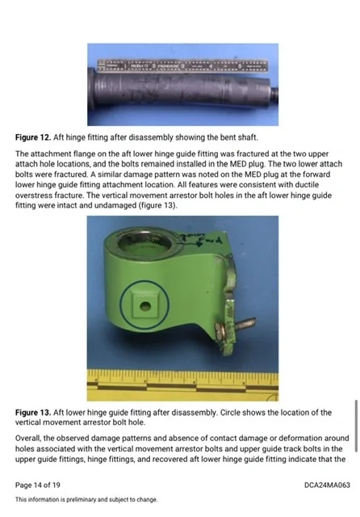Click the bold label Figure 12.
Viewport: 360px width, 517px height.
tap(33, 137)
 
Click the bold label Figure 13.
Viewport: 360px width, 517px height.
tap(33, 412)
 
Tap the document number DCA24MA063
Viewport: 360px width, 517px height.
tap(327, 485)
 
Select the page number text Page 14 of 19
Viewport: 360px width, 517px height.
tap(38, 485)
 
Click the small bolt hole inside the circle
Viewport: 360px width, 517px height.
tap(145, 307)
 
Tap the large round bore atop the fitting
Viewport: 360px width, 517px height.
tap(144, 242)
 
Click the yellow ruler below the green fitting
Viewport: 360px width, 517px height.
tap(182, 385)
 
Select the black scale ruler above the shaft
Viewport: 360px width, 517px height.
tap(183, 66)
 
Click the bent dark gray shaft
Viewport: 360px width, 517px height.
tap(182, 90)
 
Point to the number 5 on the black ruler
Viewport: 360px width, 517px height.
tap(240, 66)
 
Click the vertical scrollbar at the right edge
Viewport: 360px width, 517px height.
tap(356, 426)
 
